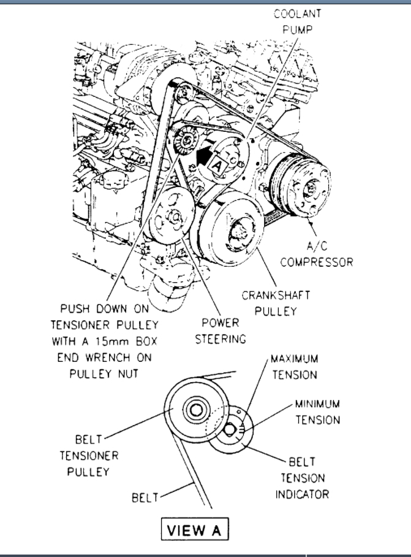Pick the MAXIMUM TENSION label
[x=295, y=366]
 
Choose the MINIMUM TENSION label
[x=317, y=412]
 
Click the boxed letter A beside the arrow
[x=217, y=164]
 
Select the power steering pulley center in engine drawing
[x=172, y=216]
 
